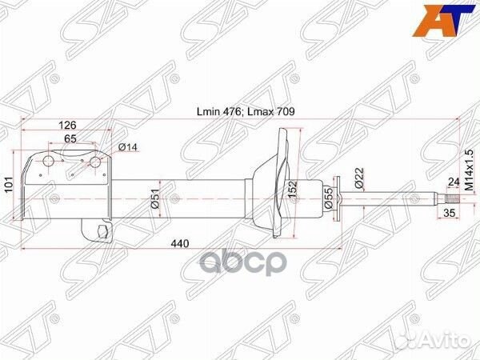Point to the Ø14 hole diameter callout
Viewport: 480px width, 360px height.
click(128, 147)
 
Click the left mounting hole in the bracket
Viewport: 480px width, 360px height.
click(47, 163)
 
